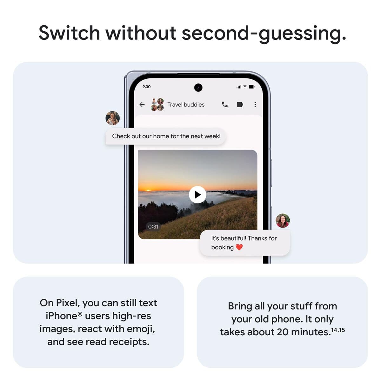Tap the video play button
pos(197,195)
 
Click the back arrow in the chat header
pos(142,104)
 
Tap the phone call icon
pos(224,104)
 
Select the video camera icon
pos(240,104)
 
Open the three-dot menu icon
pos(255,104)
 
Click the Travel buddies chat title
pos(186,104)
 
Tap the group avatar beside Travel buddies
pos(157,104)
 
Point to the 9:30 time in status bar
pos(146,87)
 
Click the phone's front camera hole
pos(198,87)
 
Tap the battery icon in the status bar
pos(251,87)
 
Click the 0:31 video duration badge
pos(153,226)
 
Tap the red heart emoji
pos(239,247)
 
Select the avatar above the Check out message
pos(112,118)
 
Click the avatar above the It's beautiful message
pos(283,221)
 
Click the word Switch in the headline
pos(69,33)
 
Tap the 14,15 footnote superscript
pos(338,330)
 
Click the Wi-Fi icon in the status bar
pos(245,87)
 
